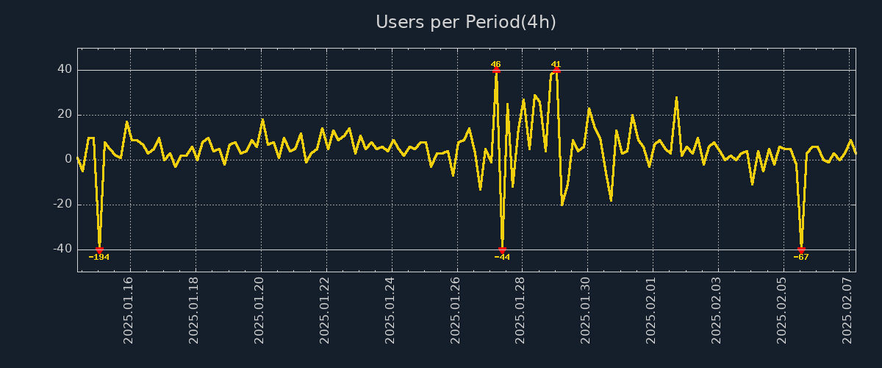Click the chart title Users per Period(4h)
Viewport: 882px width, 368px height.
click(465, 22)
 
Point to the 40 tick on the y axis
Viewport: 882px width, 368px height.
click(65, 70)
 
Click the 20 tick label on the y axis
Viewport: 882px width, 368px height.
click(65, 115)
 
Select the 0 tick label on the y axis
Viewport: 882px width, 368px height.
click(68, 160)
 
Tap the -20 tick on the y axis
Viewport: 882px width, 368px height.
click(62, 205)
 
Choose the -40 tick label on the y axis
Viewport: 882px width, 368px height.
click(62, 250)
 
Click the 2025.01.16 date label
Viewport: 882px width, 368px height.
click(129, 309)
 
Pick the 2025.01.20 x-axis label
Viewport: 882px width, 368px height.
click(260, 309)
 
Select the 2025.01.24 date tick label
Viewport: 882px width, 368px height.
click(390, 309)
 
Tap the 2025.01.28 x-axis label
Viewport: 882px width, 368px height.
click(520, 309)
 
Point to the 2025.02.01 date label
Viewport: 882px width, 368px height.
click(651, 309)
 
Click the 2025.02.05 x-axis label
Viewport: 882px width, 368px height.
click(781, 309)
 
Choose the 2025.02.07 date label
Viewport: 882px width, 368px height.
click(847, 309)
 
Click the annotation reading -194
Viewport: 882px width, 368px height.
click(99, 257)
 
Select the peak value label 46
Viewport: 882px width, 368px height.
click(496, 64)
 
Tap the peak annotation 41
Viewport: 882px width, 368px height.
click(556, 64)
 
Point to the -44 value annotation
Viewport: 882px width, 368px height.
click(502, 257)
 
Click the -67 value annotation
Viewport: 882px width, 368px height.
click(801, 257)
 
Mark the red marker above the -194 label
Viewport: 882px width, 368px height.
click(99, 250)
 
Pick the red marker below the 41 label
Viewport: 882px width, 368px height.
click(556, 70)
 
